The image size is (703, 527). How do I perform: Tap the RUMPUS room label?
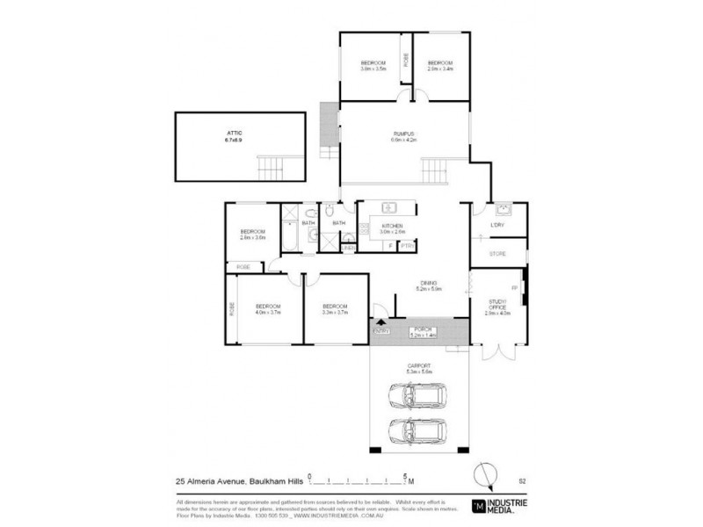pos(403,133)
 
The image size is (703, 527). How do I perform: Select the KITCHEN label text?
pos(391,227)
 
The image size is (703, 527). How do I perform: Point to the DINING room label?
pos(429,281)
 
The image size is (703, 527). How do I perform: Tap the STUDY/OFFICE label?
pos(498,304)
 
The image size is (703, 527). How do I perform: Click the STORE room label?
pos(498,255)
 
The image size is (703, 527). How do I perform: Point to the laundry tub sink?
pos(503,209)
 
